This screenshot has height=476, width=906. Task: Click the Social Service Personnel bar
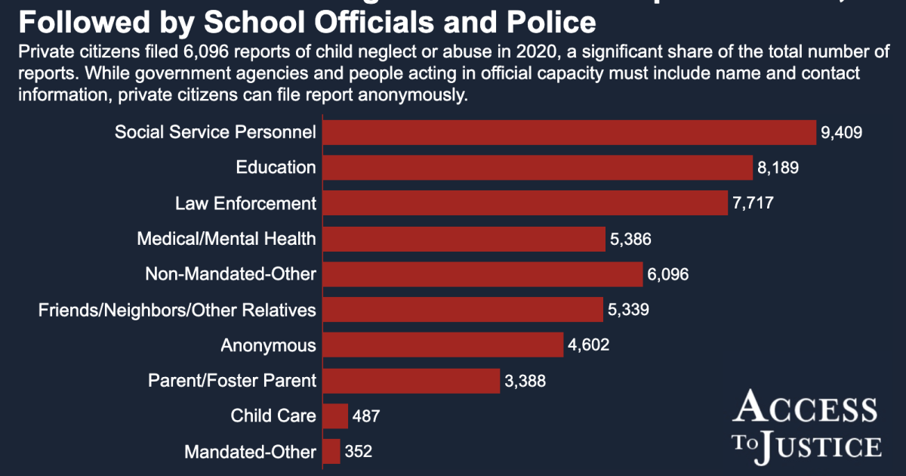point(570,132)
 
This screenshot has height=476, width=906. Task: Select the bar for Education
point(538,168)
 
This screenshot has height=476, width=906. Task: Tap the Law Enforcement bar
point(525,203)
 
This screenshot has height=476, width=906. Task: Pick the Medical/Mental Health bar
point(464,239)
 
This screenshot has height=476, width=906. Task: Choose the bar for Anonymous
point(443,345)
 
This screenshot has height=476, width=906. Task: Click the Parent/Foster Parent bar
point(411,381)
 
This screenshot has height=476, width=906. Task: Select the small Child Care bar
point(335,416)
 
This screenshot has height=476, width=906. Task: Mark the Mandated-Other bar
point(331,452)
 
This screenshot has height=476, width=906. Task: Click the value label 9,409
point(841,133)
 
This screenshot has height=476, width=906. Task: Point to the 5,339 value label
point(629,310)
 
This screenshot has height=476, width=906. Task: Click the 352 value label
point(359,452)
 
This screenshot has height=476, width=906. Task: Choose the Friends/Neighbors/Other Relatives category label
point(177,310)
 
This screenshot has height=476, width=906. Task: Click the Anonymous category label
point(268,345)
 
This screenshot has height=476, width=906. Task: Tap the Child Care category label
point(273,416)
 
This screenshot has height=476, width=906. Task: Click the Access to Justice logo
point(806,425)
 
